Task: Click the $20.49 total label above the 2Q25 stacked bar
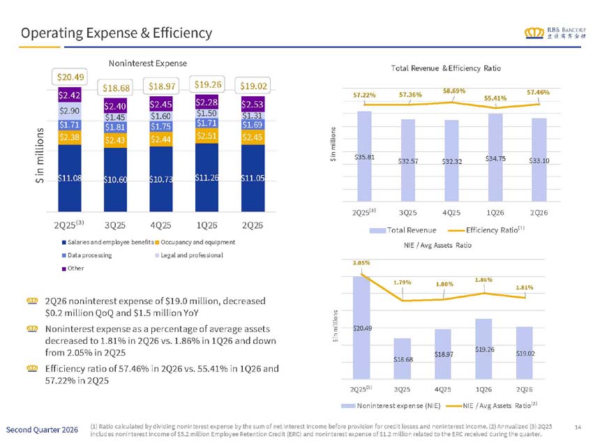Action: [x=70, y=77]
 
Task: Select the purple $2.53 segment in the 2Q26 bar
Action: [x=253, y=104]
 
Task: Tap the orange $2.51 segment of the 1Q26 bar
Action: [x=207, y=136]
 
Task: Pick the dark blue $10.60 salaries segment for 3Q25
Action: [x=115, y=179]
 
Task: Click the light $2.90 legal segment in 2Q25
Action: [x=70, y=111]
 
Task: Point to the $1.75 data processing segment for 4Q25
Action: [x=161, y=127]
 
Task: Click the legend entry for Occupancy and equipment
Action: [x=195, y=242]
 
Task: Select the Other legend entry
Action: [x=73, y=268]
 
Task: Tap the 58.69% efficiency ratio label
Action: [x=454, y=91]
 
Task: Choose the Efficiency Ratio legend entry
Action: [x=486, y=230]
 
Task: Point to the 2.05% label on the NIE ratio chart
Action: [x=361, y=263]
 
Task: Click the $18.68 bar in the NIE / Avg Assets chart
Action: [x=402, y=359]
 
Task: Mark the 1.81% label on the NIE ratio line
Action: [x=525, y=288]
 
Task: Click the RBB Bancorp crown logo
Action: [x=534, y=33]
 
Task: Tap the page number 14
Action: [x=578, y=428]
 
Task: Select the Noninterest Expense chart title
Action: [x=148, y=63]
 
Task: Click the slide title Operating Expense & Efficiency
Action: [x=117, y=33]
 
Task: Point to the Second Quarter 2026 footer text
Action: [x=42, y=430]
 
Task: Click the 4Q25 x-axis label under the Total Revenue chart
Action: [x=451, y=213]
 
